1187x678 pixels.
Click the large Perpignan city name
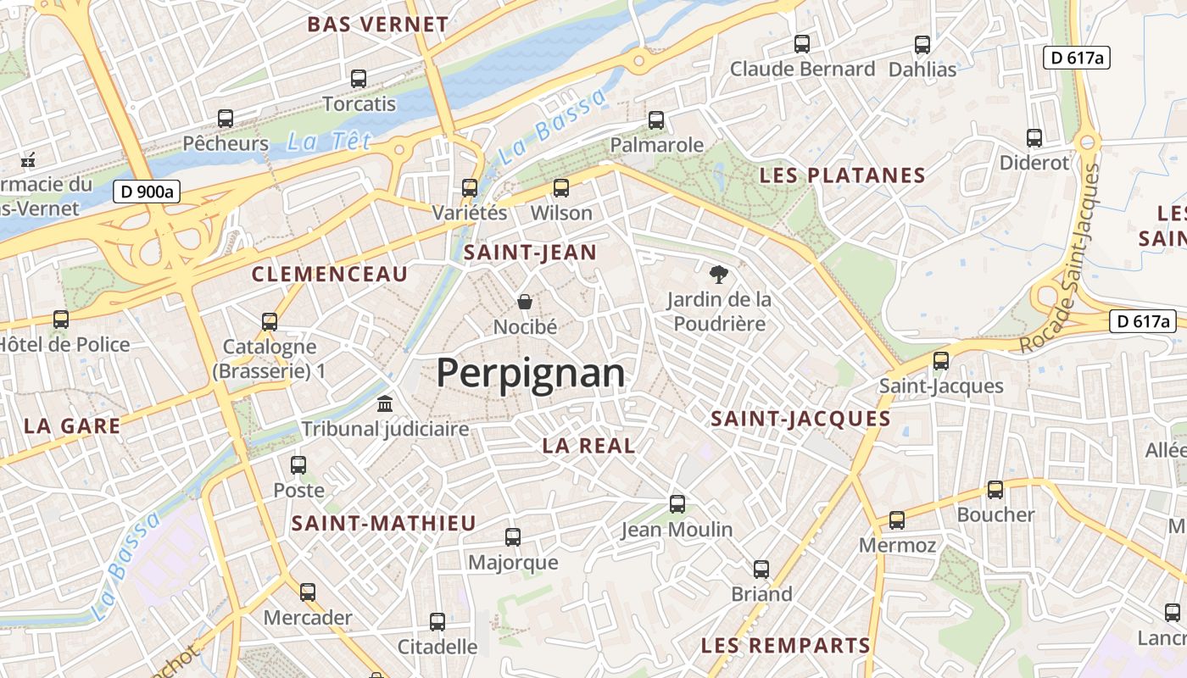531,373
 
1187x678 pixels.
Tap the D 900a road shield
148,192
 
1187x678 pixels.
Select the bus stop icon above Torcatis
359,79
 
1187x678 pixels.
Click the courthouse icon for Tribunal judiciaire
385,403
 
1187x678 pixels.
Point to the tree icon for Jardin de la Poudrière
719,274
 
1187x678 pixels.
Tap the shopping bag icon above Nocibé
525,302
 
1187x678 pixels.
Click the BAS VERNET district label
378,25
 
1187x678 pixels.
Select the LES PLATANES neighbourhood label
842,175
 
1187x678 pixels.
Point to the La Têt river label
329,142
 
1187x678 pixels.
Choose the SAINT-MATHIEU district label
384,524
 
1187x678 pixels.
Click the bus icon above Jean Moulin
677,504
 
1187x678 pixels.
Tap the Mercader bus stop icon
308,592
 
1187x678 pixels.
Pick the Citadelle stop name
437,647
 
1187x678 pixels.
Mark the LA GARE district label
72,426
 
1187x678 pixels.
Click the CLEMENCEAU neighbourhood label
330,274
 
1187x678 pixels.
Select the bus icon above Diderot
1034,138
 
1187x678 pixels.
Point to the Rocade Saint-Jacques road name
1061,258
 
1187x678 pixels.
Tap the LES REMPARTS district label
786,646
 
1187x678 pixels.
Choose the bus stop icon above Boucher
995,490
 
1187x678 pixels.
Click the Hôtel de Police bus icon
61,320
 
